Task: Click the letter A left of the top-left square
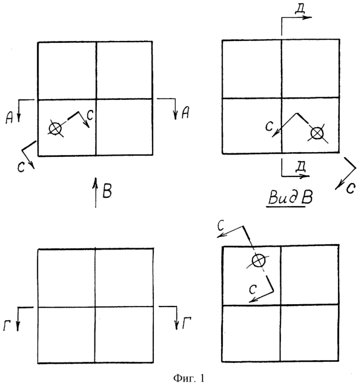click(10, 117)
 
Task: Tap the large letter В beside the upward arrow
click(107, 191)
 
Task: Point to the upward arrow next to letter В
click(96, 192)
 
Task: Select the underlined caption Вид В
click(290, 198)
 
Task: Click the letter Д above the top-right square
click(300, 10)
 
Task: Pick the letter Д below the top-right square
click(301, 168)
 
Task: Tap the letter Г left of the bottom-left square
click(7, 326)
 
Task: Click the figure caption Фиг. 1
click(189, 378)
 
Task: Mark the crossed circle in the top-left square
click(55, 129)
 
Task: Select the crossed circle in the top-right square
click(317, 134)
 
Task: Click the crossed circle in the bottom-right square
click(258, 260)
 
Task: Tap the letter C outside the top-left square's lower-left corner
click(21, 168)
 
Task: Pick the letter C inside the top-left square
click(90, 115)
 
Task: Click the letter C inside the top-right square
click(269, 126)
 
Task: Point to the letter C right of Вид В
click(351, 188)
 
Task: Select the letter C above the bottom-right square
click(221, 226)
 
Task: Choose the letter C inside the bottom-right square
click(252, 289)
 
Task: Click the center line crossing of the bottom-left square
click(95, 307)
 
